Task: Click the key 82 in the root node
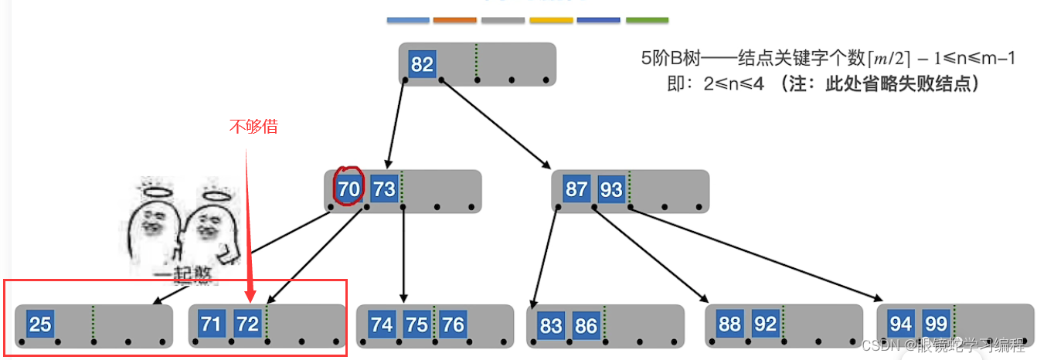422,64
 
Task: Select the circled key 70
348,188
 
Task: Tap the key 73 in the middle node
383,188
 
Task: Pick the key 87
576,189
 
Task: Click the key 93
610,189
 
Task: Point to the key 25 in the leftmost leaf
39,324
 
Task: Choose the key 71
211,324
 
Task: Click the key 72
246,324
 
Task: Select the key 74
381,324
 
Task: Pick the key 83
551,325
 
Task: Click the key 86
586,325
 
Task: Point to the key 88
729,324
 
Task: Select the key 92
765,324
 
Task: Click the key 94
901,324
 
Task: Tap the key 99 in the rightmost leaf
936,324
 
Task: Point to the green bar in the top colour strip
647,19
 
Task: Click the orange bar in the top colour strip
455,19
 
